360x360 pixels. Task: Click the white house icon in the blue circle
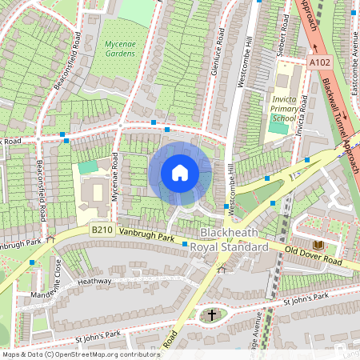(180, 173)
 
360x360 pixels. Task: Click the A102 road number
(319, 61)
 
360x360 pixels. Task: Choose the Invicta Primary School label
(284, 107)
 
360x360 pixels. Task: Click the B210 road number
(101, 230)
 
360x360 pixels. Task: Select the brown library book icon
(318, 243)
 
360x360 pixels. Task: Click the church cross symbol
(212, 314)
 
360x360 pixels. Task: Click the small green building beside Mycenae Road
(87, 166)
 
